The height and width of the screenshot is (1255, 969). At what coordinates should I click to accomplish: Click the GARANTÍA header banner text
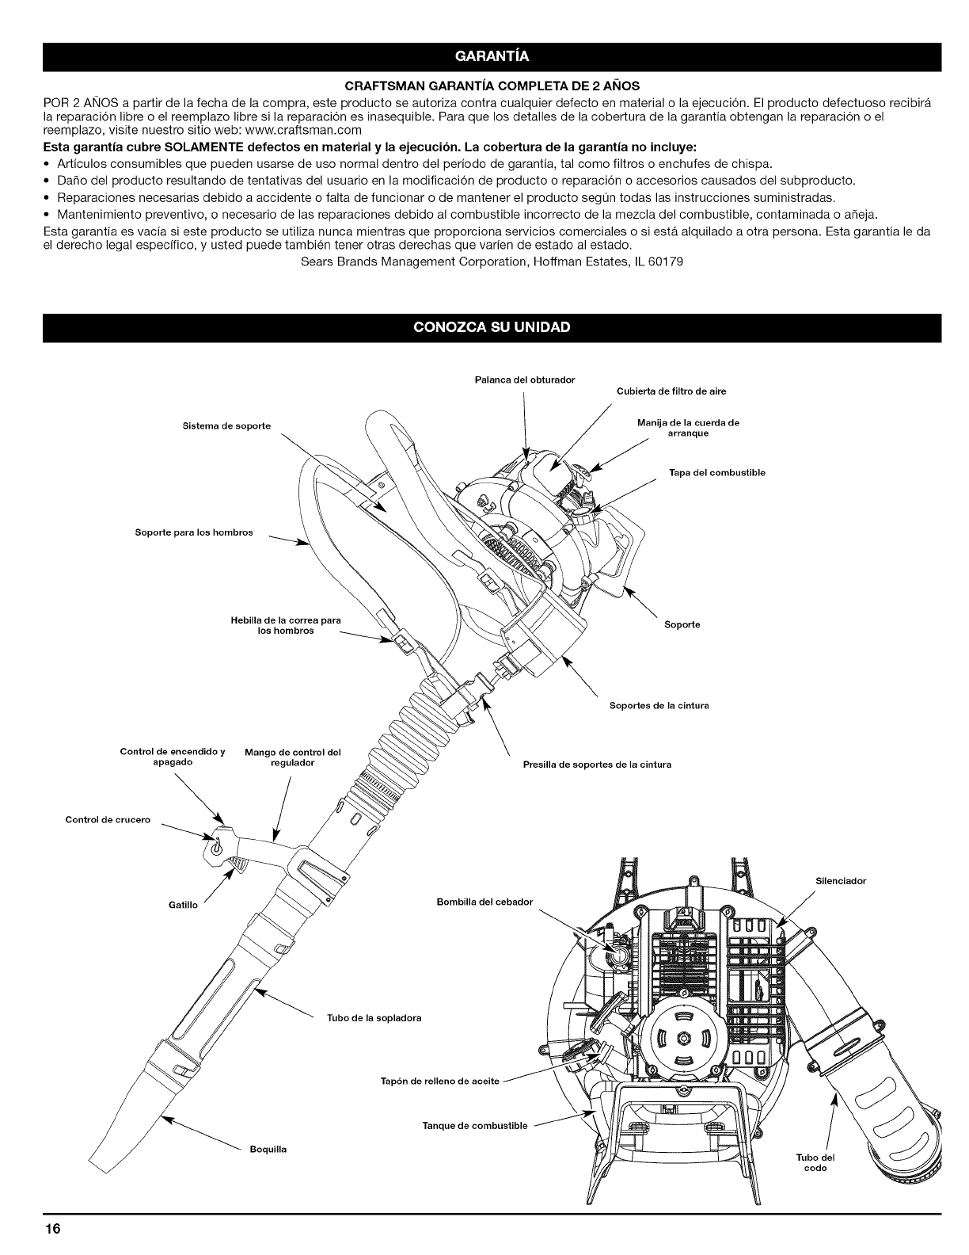click(492, 56)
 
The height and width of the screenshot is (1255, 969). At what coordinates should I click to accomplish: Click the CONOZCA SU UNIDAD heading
click(492, 327)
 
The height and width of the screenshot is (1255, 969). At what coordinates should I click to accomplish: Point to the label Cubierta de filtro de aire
click(671, 391)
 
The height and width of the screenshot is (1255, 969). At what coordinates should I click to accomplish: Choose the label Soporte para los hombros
click(193, 532)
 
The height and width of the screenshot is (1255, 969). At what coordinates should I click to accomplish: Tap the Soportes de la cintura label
click(659, 705)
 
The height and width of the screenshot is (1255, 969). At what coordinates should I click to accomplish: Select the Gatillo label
click(183, 904)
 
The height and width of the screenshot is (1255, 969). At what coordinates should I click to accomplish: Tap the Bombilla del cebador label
click(484, 902)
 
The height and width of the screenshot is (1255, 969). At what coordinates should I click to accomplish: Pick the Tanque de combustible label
click(475, 1126)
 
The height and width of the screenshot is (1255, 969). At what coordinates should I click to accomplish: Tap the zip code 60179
click(660, 261)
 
